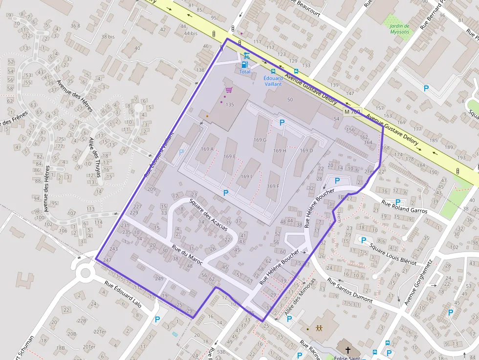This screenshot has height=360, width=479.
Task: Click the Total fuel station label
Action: (x=245, y=72)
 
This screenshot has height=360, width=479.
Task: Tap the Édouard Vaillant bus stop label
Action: (x=273, y=81)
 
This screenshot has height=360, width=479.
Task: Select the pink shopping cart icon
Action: (x=229, y=90)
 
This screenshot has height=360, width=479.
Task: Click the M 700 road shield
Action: (x=352, y=112)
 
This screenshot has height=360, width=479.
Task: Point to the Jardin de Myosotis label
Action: (x=399, y=29)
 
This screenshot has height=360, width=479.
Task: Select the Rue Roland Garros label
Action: (x=404, y=207)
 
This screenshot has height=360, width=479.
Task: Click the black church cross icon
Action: (x=348, y=350)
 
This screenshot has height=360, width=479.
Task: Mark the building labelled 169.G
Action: (x=260, y=140)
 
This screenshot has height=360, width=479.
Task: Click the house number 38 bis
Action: (x=108, y=37)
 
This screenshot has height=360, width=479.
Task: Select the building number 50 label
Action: (x=290, y=100)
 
